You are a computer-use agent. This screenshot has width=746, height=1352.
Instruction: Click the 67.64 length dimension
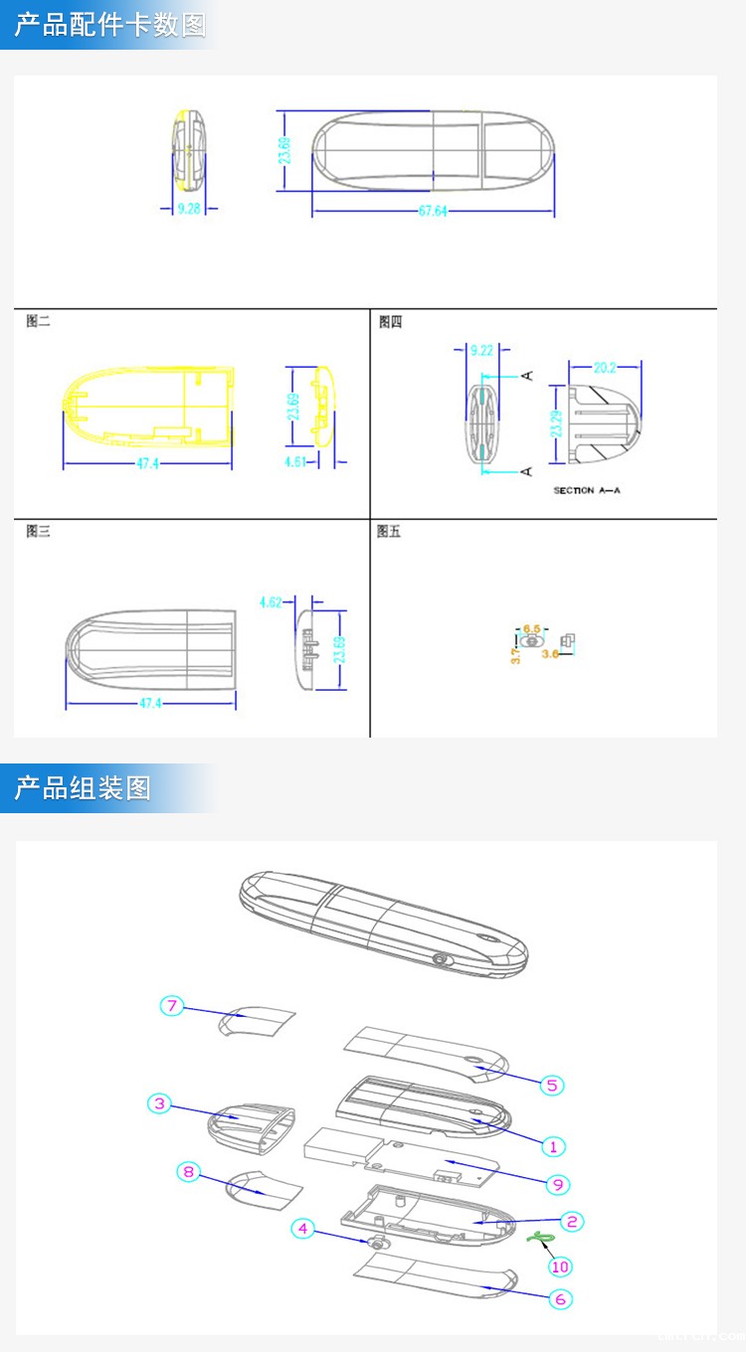pyautogui.click(x=433, y=211)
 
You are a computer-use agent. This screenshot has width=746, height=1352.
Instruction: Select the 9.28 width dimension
pyautogui.click(x=189, y=209)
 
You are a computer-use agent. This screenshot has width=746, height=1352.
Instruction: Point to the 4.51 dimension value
pyautogui.click(x=295, y=461)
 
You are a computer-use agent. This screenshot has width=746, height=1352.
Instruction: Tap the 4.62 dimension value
pyautogui.click(x=272, y=601)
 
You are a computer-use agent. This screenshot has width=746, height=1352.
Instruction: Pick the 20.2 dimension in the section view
pyautogui.click(x=605, y=367)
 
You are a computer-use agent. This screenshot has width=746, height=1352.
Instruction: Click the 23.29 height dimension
pyautogui.click(x=557, y=423)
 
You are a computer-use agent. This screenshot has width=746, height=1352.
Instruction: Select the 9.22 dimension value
pyautogui.click(x=481, y=350)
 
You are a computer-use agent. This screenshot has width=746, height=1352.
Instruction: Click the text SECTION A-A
pyautogui.click(x=587, y=491)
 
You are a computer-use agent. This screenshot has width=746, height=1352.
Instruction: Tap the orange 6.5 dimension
pyautogui.click(x=532, y=628)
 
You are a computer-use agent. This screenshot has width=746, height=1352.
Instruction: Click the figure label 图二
pyautogui.click(x=38, y=321)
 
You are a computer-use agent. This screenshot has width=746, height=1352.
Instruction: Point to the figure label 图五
pyautogui.click(x=389, y=532)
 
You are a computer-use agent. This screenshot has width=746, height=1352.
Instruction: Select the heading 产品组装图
pyautogui.click(x=83, y=788)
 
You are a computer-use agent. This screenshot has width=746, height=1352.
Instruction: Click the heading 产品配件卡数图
pyautogui.click(x=109, y=25)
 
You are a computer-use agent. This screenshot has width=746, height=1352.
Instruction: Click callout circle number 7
pyautogui.click(x=172, y=1006)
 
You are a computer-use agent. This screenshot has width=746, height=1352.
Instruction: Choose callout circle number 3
pyautogui.click(x=159, y=1103)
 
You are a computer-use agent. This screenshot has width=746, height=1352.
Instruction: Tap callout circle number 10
pyautogui.click(x=561, y=1266)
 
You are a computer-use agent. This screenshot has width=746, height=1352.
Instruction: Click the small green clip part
pyautogui.click(x=541, y=1237)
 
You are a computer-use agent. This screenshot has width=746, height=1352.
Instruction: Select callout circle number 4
pyautogui.click(x=303, y=1229)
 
